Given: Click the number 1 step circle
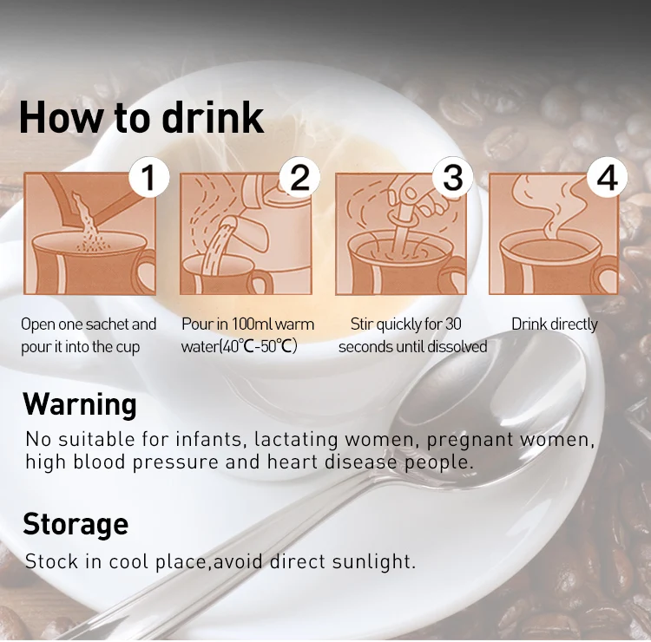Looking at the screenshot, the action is pyautogui.click(x=149, y=178).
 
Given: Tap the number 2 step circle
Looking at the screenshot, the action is pyautogui.click(x=299, y=178).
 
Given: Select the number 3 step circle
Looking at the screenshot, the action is pyautogui.click(x=452, y=178).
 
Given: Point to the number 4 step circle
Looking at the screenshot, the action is pyautogui.click(x=607, y=178).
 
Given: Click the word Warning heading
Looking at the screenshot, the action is pyautogui.click(x=80, y=404).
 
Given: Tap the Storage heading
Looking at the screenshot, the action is pyautogui.click(x=76, y=525).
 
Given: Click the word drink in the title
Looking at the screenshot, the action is pyautogui.click(x=213, y=117).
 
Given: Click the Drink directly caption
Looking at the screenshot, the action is pyautogui.click(x=555, y=324).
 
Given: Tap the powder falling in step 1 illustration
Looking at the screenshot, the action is pyautogui.click(x=87, y=224).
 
